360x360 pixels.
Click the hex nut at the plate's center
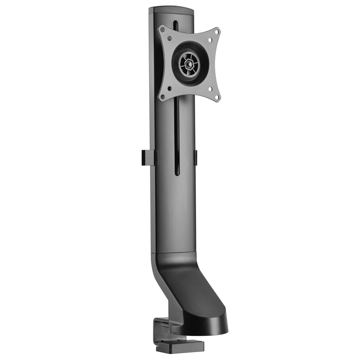point(189,64)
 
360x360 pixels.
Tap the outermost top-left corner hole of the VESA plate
point(163,29)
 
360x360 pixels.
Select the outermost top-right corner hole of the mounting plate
point(217,32)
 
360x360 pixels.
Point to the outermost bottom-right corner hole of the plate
point(217,97)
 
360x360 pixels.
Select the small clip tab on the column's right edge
point(196,157)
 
